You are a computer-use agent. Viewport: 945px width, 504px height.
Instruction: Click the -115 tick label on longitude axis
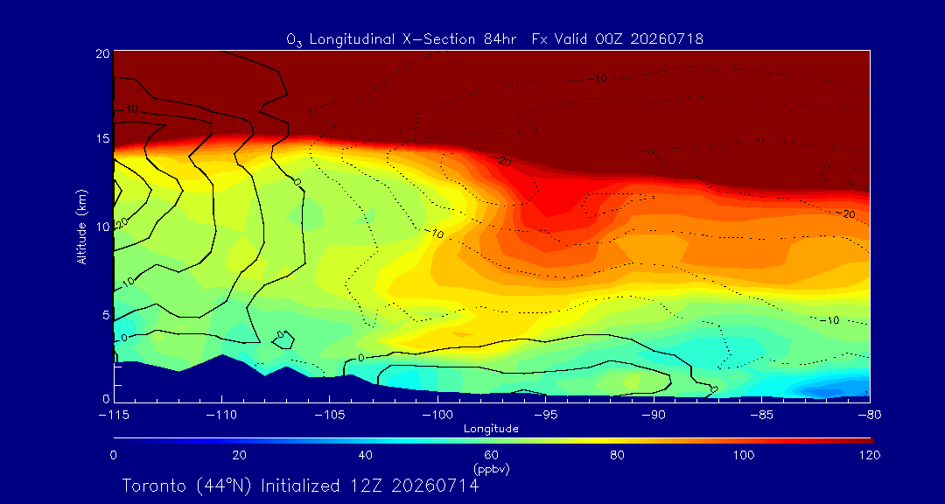tap(113, 416)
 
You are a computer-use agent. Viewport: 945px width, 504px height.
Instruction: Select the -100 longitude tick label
tap(437, 416)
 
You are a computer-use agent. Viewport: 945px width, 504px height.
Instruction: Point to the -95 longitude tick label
tap(545, 416)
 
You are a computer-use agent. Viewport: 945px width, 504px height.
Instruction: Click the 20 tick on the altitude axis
tap(103, 53)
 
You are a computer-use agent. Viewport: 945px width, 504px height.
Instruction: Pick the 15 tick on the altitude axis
tap(103, 139)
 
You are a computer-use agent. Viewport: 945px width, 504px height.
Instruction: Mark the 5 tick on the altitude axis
tap(106, 315)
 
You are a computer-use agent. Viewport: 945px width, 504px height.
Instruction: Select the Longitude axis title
tap(491, 430)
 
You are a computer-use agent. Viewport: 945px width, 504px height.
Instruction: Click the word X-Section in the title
tap(437, 39)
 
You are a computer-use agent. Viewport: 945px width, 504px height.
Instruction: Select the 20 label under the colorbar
tap(239, 455)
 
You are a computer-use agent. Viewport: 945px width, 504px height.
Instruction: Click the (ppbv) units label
tap(491, 469)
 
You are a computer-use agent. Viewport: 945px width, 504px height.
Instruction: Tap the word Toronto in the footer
tap(158, 486)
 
